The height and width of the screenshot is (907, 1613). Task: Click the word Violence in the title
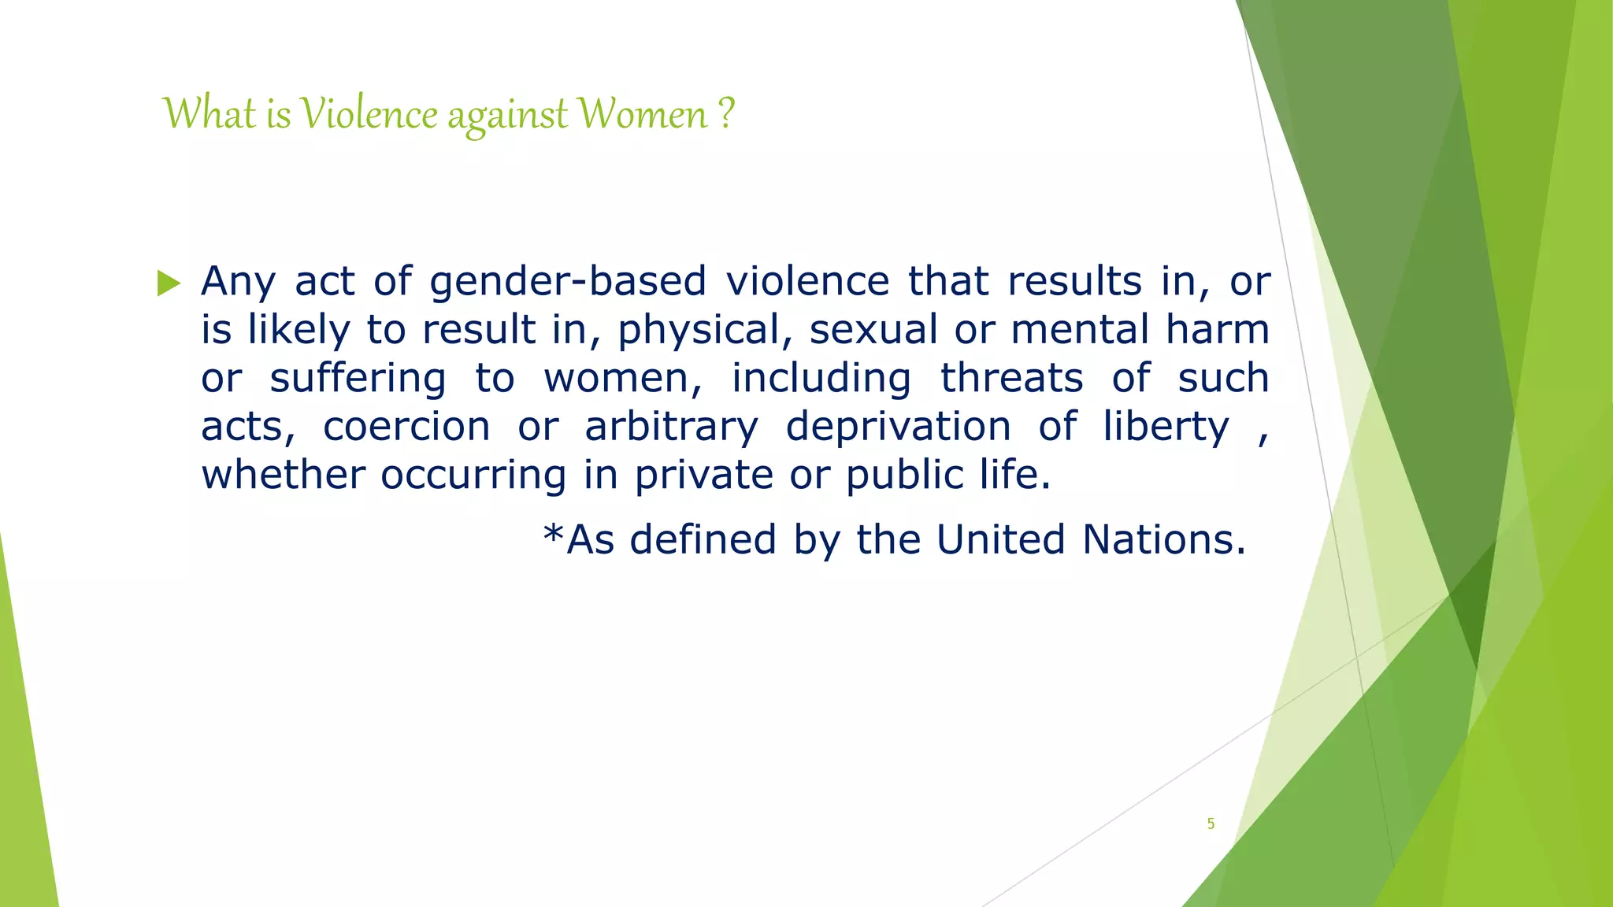point(369,114)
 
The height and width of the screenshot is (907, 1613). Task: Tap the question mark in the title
point(726,113)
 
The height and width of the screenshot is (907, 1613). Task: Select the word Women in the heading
point(643,114)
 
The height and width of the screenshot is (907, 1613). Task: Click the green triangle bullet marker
point(169,283)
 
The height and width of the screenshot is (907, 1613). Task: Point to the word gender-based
point(568,281)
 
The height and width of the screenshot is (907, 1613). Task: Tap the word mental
point(1080,329)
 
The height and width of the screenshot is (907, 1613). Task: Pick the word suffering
point(358,379)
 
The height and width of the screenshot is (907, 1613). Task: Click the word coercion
point(406,427)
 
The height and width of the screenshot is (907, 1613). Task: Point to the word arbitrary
point(671,427)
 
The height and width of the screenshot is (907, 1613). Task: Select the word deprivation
point(899,427)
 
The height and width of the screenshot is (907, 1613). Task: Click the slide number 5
point(1211,824)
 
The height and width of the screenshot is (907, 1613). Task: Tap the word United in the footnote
point(1000,540)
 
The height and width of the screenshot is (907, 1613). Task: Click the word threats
point(1011,378)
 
